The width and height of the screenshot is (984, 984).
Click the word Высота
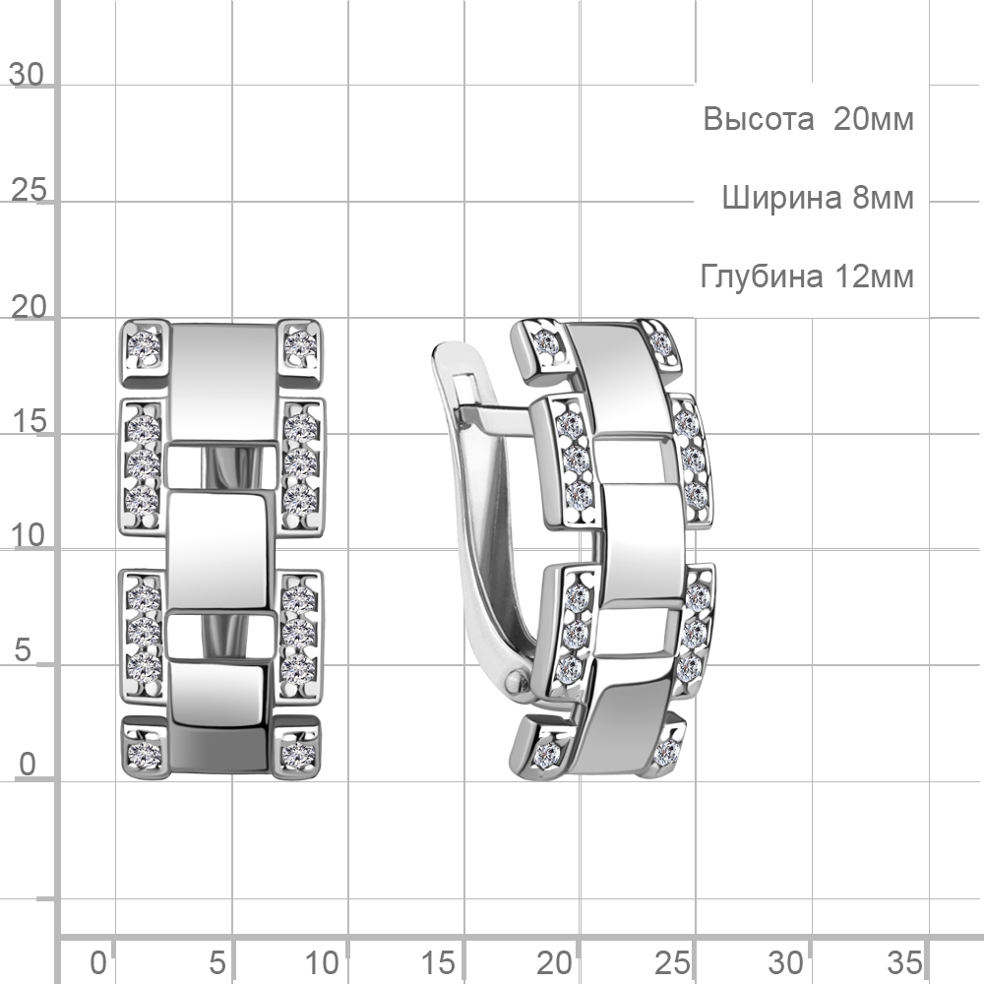[x=758, y=119]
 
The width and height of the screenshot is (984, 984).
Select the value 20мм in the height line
[x=874, y=119]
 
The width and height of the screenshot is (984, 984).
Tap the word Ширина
[x=781, y=198]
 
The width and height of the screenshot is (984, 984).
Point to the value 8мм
[x=883, y=198]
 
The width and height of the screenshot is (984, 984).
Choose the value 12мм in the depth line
[x=874, y=277]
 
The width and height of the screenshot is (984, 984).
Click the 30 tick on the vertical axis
[x=27, y=75]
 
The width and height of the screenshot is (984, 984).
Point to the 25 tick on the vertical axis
[x=29, y=190]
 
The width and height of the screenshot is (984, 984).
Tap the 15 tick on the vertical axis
[x=29, y=421]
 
